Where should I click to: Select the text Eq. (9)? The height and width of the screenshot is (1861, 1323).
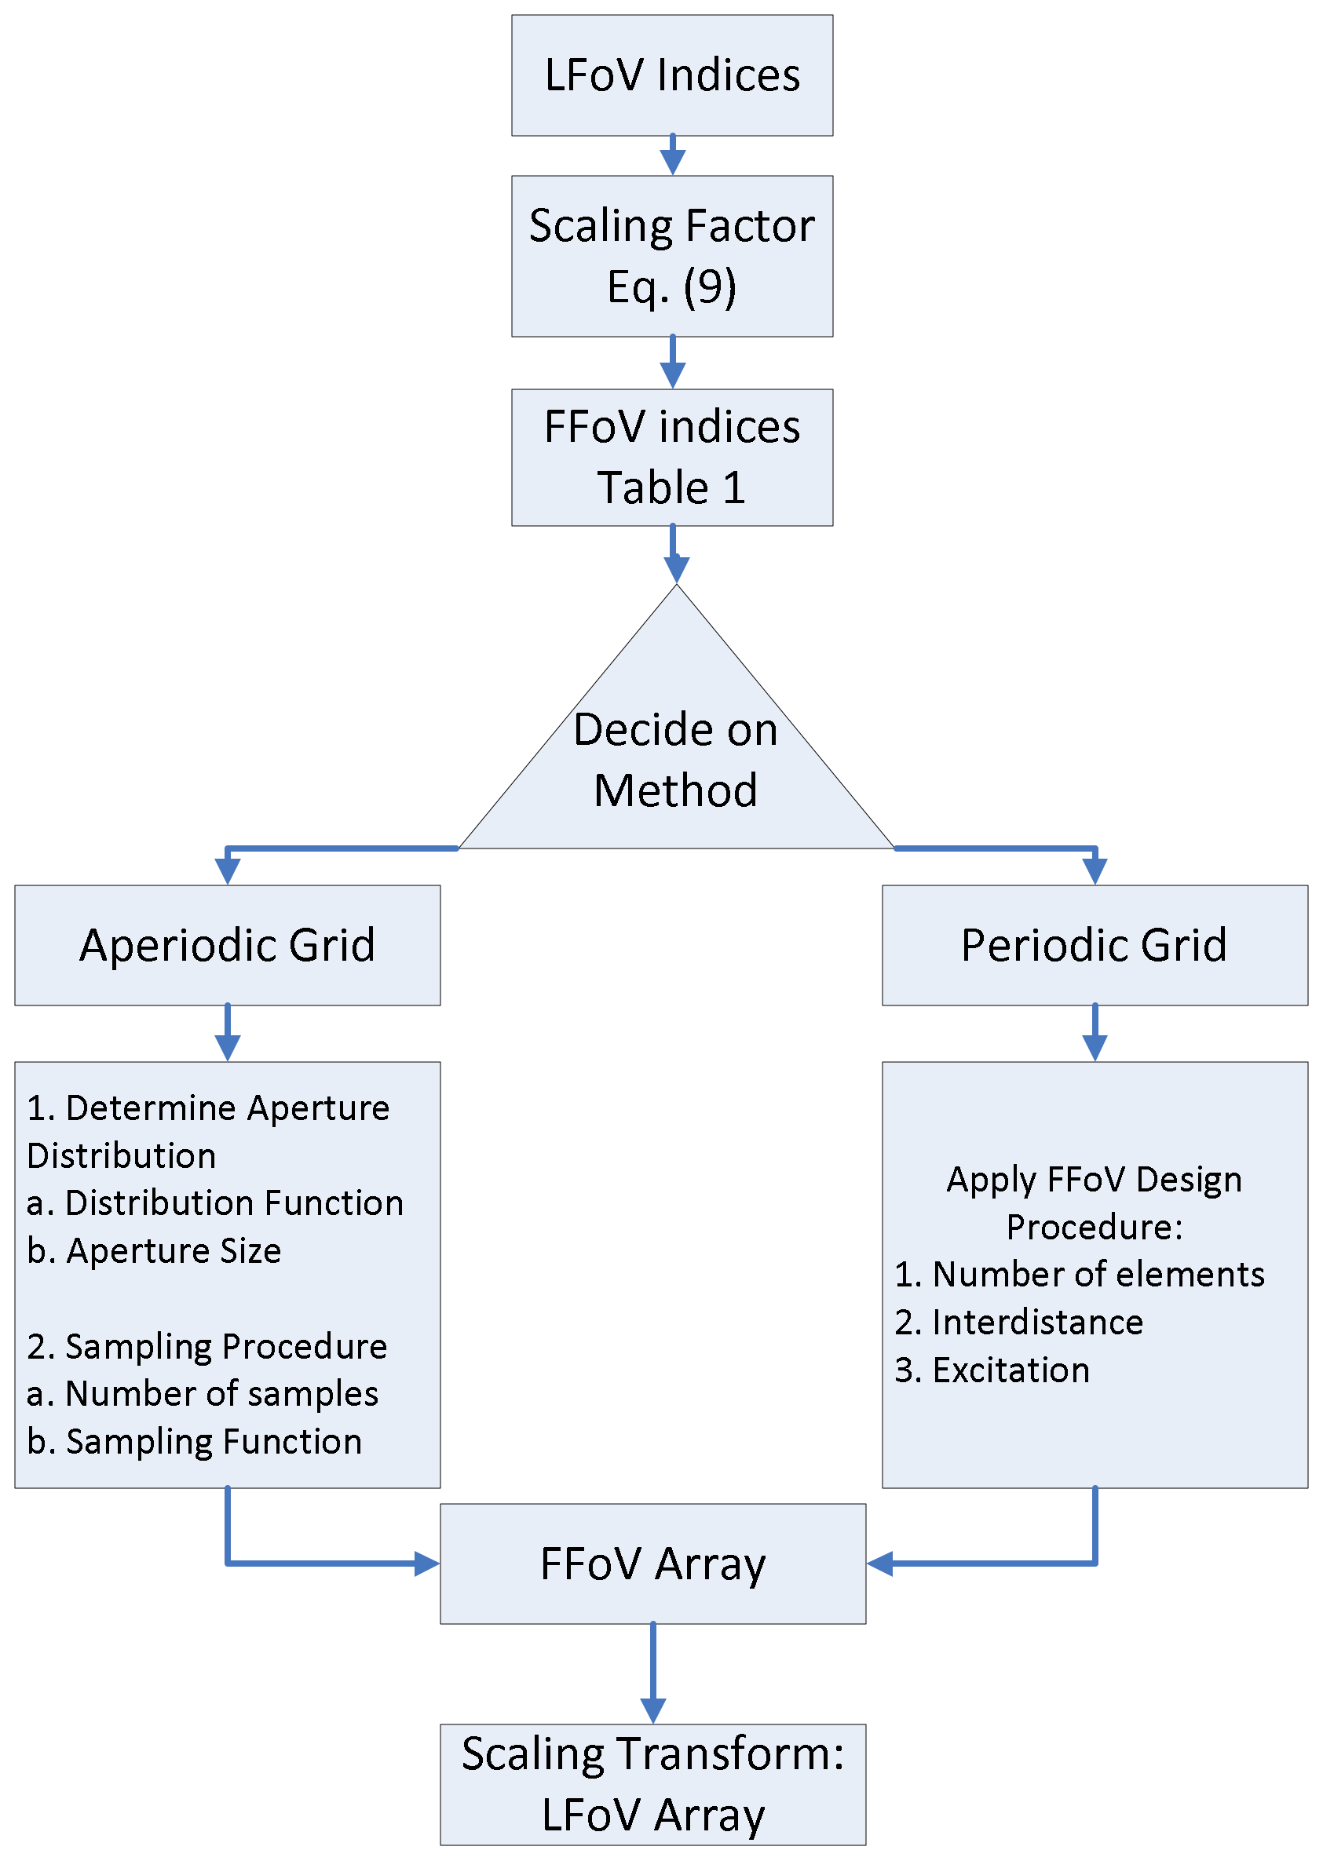coord(672,286)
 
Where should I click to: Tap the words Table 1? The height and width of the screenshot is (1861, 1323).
coord(672,488)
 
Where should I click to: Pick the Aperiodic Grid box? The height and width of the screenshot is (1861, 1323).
coord(227,945)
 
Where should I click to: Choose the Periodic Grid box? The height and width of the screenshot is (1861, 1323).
coord(1094,945)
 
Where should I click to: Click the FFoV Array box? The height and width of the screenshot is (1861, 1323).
coord(652,1564)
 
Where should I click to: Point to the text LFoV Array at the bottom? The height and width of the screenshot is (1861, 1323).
coord(652,1815)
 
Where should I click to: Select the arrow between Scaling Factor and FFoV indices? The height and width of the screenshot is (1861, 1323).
coord(672,363)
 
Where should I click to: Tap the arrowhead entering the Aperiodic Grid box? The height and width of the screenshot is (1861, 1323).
coord(227,871)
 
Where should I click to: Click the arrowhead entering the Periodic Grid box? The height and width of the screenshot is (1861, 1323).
coord(1094,871)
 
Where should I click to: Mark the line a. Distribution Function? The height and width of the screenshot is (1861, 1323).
coord(215,1203)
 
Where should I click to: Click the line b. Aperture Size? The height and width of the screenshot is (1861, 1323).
coord(154,1251)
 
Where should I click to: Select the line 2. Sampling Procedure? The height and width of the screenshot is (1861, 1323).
coord(207,1346)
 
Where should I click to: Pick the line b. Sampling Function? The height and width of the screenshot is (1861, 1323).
coord(195,1442)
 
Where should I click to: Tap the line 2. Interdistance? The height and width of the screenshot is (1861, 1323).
coord(1018,1322)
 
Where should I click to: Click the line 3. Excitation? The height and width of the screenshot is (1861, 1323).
coord(992,1370)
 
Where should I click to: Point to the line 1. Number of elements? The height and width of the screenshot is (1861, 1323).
coord(1080,1275)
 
